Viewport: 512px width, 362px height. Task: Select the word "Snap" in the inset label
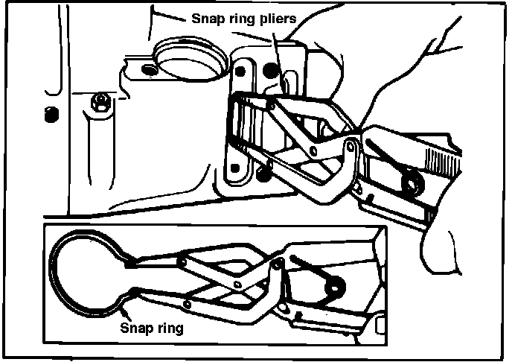coord(135,327)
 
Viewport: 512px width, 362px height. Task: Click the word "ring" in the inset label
coord(169,328)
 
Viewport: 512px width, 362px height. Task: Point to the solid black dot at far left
coord(51,115)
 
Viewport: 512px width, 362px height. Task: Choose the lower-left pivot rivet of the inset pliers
coord(187,304)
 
